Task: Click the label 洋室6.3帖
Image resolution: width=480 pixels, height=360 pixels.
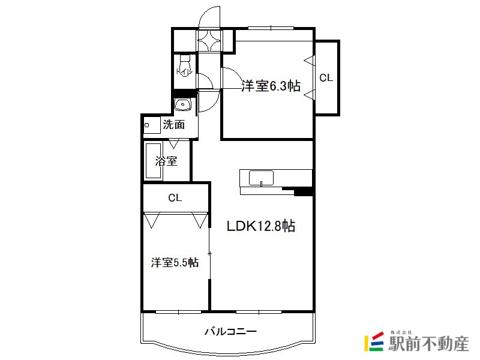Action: [271, 86]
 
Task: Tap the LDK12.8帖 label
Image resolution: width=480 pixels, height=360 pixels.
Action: [261, 226]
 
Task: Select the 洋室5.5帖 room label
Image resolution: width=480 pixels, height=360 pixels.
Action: [175, 262]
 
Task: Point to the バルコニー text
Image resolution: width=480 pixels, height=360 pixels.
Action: [230, 332]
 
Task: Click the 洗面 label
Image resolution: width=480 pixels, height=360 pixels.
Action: [173, 124]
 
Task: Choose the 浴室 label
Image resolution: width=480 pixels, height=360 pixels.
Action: [166, 161]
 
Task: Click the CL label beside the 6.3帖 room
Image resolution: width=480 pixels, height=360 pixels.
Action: [326, 78]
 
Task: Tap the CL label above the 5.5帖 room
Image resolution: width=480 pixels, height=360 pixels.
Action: [175, 198]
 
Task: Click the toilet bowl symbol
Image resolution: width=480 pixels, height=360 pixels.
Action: [185, 66]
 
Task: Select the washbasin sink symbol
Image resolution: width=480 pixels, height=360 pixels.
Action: [182, 104]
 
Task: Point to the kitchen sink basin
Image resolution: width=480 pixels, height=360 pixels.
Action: [261, 178]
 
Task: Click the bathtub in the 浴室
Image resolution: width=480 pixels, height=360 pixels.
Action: [154, 161]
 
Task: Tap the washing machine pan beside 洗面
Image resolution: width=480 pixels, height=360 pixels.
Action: [152, 125]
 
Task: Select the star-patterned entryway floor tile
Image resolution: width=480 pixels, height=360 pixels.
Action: [209, 40]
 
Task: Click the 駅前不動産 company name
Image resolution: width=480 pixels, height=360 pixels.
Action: [428, 343]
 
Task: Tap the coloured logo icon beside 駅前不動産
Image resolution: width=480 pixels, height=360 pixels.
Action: [374, 341]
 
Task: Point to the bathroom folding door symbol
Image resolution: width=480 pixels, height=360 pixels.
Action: [174, 144]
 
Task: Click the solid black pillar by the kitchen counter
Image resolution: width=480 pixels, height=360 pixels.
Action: [303, 191]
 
